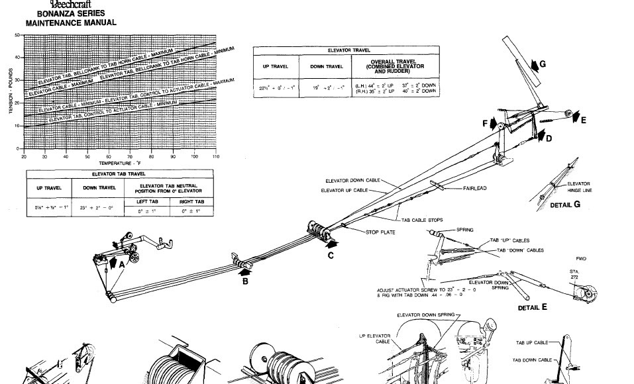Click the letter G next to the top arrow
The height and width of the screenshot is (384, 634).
[x=543, y=64]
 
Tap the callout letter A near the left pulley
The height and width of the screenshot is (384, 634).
[x=121, y=263]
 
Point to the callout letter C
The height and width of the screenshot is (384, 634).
[x=330, y=256]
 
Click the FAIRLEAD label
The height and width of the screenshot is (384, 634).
[x=474, y=189]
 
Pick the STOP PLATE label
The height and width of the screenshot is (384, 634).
[x=381, y=232]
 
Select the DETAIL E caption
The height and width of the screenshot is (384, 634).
[x=533, y=307]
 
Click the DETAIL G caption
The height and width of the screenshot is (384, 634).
[x=565, y=205]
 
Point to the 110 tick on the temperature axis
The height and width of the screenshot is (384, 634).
[x=216, y=156]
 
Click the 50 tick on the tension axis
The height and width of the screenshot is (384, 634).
[x=17, y=34]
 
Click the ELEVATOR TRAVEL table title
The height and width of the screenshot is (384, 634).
[x=349, y=50]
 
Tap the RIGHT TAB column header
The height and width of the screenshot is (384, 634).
[x=191, y=201]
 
